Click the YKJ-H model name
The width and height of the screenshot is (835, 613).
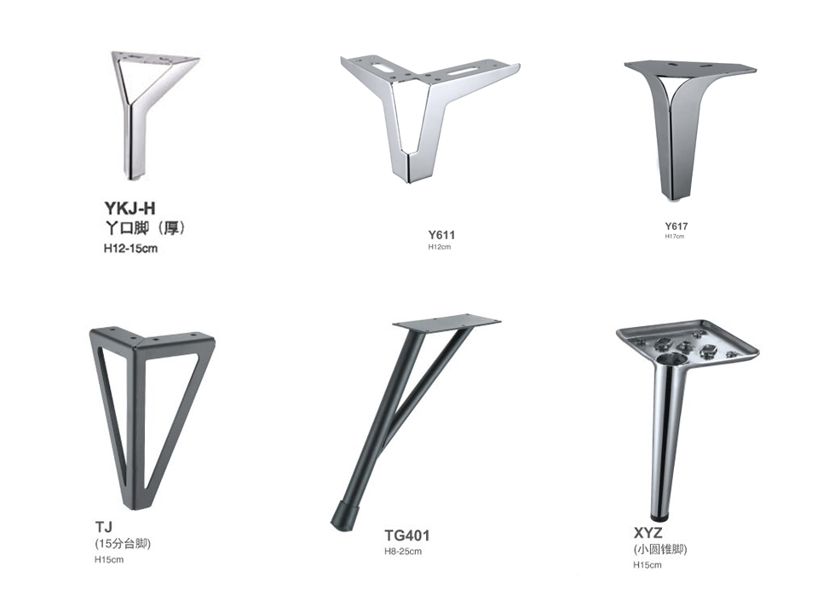pos(130,208)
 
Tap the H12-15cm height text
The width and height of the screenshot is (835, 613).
pos(130,249)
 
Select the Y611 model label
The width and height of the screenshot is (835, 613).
pos(441,235)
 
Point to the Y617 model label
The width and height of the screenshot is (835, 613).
pos(676,226)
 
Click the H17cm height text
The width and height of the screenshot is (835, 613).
pos(674,237)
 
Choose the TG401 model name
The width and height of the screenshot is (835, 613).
pos(407,536)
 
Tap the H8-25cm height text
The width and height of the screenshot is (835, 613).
pos(403,552)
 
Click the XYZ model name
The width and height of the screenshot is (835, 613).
pos(648,533)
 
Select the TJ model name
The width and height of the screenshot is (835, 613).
pos(104,527)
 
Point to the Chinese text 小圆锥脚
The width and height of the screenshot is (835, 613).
pos(660,549)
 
